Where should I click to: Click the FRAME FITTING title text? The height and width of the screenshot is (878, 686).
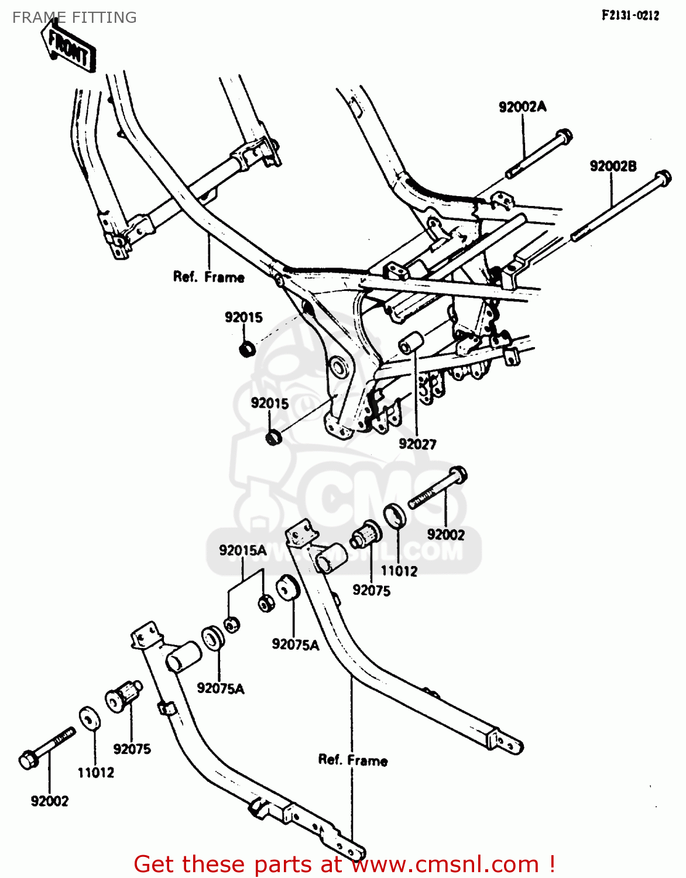(74, 18)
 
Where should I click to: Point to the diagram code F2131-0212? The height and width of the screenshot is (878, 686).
(630, 16)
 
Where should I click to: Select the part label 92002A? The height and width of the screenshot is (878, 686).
(522, 107)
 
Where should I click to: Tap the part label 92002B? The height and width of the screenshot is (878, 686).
(613, 166)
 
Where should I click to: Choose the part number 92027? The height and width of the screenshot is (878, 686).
(417, 444)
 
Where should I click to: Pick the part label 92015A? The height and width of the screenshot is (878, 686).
(242, 551)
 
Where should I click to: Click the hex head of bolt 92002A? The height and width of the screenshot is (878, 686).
(563, 137)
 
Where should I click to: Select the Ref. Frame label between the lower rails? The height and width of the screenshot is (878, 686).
(353, 760)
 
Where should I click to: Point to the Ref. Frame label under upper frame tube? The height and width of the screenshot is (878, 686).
(208, 277)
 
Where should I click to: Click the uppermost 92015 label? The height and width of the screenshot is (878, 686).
(243, 317)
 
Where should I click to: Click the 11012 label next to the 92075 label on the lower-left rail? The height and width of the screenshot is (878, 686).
(96, 773)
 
